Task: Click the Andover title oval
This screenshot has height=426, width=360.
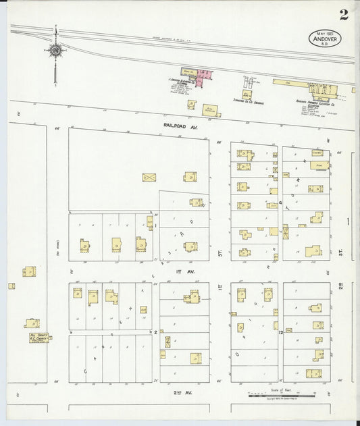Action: [x=325, y=38]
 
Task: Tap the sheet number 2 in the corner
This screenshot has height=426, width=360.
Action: [x=344, y=14]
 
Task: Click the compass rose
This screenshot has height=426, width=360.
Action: [x=54, y=50]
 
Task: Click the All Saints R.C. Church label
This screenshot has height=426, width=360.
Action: [x=38, y=337]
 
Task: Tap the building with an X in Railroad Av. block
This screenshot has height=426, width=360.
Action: [x=149, y=178]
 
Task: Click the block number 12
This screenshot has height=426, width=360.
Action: [x=279, y=333]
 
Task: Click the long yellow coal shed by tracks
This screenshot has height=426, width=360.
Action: [x=290, y=82]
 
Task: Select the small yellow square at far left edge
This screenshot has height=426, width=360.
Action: [x=11, y=286]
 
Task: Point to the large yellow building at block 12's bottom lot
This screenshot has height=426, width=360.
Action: [x=313, y=373]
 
